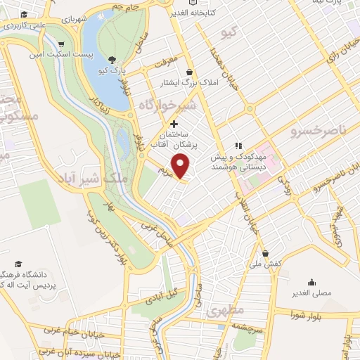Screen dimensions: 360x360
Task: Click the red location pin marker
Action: click(181, 166)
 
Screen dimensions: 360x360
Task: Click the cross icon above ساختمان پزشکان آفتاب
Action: click(174, 124)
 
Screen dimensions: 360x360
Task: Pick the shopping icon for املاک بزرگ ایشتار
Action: click(189, 72)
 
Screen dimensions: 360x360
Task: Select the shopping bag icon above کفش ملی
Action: click(265, 254)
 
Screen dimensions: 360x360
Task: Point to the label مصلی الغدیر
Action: click(311, 289)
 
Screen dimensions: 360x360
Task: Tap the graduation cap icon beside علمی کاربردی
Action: click(25, 15)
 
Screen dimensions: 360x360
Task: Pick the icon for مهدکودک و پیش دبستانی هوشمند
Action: click(239, 146)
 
